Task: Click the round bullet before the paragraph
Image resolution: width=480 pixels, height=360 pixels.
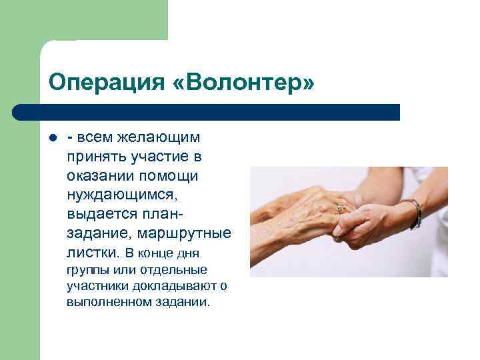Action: (52, 139)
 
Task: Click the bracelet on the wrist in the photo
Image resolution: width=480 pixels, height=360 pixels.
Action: (415, 212)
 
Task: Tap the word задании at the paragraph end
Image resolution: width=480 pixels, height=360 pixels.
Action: (179, 302)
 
